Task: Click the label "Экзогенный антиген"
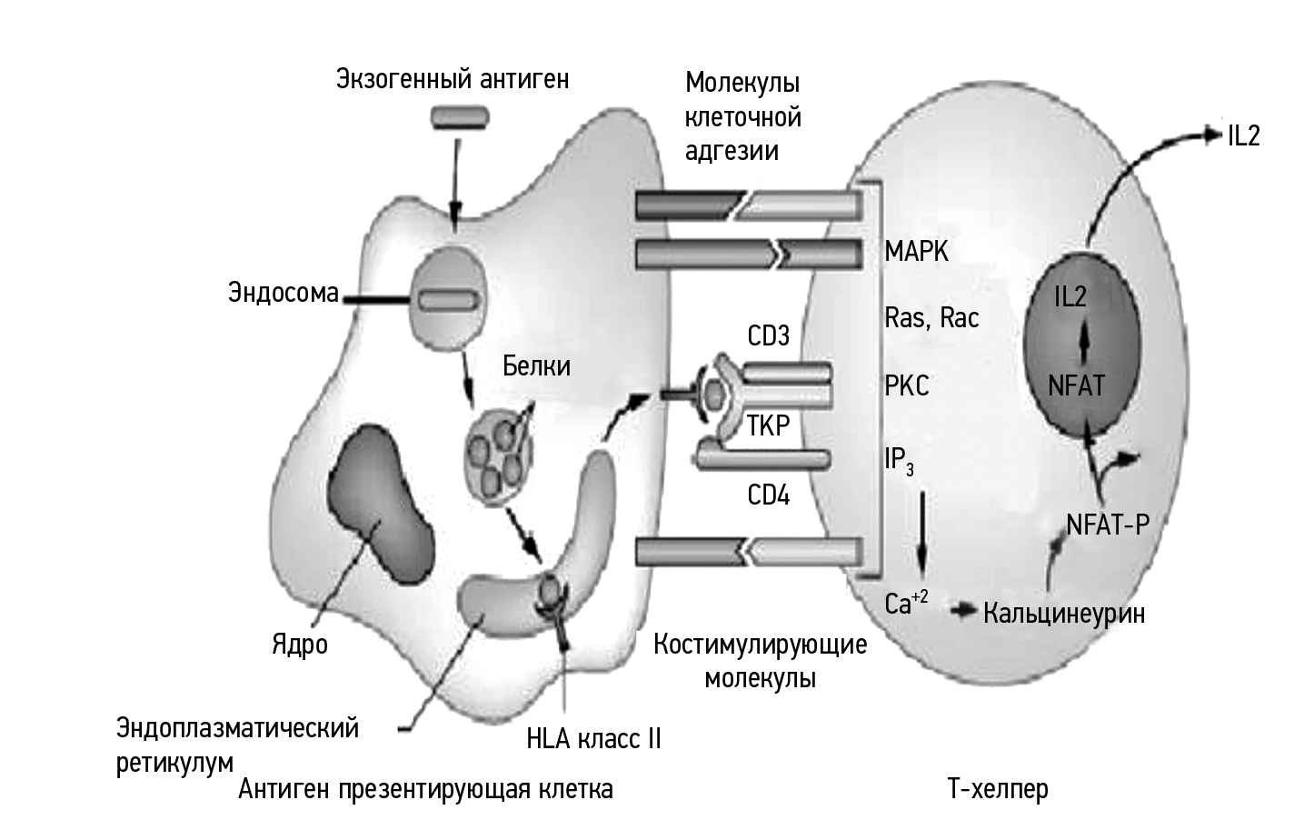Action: tap(453, 79)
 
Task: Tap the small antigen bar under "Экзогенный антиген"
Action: tap(460, 116)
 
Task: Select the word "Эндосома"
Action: tap(283, 294)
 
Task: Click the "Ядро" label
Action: tap(300, 645)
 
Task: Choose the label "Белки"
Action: tap(536, 365)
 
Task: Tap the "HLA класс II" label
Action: tap(593, 738)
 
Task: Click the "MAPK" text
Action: tap(917, 251)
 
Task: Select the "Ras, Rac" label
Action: tap(932, 317)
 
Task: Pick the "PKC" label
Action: tap(907, 385)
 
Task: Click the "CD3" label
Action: tap(769, 336)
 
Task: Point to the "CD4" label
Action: tap(769, 495)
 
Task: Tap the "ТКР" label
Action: tap(769, 425)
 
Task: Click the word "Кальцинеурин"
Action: tap(1064, 613)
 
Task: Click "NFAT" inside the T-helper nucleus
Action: tap(1076, 385)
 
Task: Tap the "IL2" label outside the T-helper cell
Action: tap(1243, 135)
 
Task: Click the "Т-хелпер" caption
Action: tap(998, 787)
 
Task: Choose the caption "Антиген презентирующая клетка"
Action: tap(426, 788)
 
